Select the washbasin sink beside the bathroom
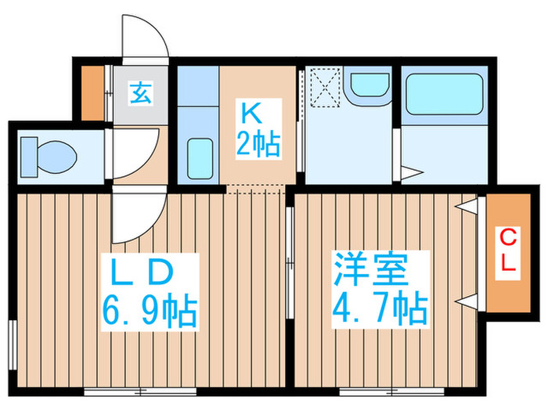369,88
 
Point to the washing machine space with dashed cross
323,87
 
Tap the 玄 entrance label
141,94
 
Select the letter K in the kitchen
250,114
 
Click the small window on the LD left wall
13,341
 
